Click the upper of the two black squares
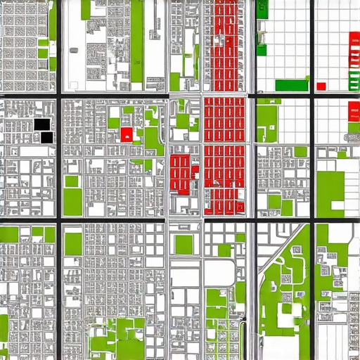click(42, 124)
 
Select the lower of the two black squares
click(47, 137)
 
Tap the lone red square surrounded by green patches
click(127, 134)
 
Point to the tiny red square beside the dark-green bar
click(321, 86)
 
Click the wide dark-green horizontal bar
click(291, 85)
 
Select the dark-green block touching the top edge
click(262, 8)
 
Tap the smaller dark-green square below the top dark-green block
click(262, 49)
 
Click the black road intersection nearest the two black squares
click(59, 94)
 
